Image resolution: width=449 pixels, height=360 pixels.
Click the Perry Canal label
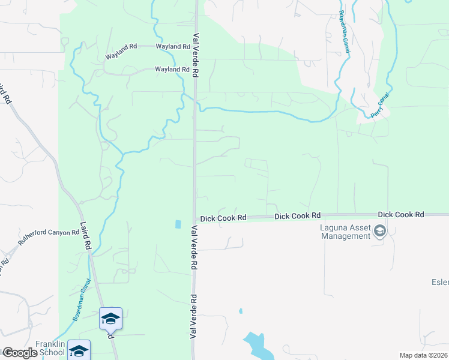point(381,105)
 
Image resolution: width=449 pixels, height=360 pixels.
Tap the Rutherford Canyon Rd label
point(49,239)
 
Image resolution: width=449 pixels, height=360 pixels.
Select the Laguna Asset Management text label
point(344,231)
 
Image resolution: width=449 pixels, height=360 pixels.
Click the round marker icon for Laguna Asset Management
point(379,231)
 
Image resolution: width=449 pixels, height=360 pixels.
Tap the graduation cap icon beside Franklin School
point(79,350)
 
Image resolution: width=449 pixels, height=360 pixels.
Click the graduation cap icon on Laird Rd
point(110,318)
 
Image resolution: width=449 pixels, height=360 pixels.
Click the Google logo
point(20,353)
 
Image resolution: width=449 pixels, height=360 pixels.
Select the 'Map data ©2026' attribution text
point(423,355)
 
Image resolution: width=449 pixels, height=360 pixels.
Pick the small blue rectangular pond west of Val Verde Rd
point(177,224)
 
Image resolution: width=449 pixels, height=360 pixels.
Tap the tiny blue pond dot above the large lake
point(241,311)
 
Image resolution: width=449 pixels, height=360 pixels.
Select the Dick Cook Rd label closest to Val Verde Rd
point(223,218)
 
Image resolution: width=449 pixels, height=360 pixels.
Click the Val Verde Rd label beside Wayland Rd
point(196,55)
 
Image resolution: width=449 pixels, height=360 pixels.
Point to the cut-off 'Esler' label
point(439,281)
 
